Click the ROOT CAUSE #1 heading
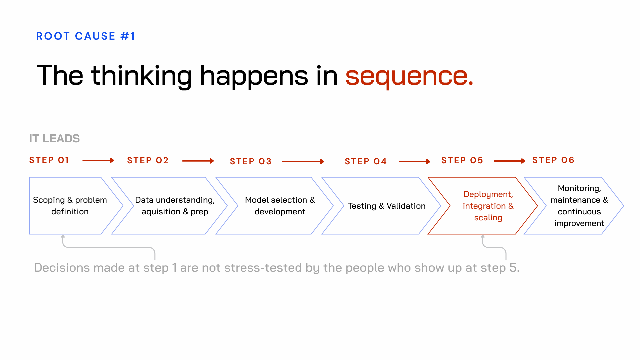point(85,36)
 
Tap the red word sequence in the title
point(409,76)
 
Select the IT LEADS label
point(54,138)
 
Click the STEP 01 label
point(49,160)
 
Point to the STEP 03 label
point(251,162)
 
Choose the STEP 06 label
point(553,160)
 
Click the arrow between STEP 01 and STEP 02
point(98,160)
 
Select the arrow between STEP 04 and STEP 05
point(414,162)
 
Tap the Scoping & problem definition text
point(70,206)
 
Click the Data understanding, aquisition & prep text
point(175,206)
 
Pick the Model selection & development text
point(280,206)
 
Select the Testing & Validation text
point(387,206)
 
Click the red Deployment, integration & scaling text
point(488,206)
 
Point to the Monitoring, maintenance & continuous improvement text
point(579,206)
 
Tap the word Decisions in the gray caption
point(62,268)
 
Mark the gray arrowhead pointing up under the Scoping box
point(63,237)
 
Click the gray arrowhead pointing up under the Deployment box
point(483,237)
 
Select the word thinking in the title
point(141,76)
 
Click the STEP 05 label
point(462,161)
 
